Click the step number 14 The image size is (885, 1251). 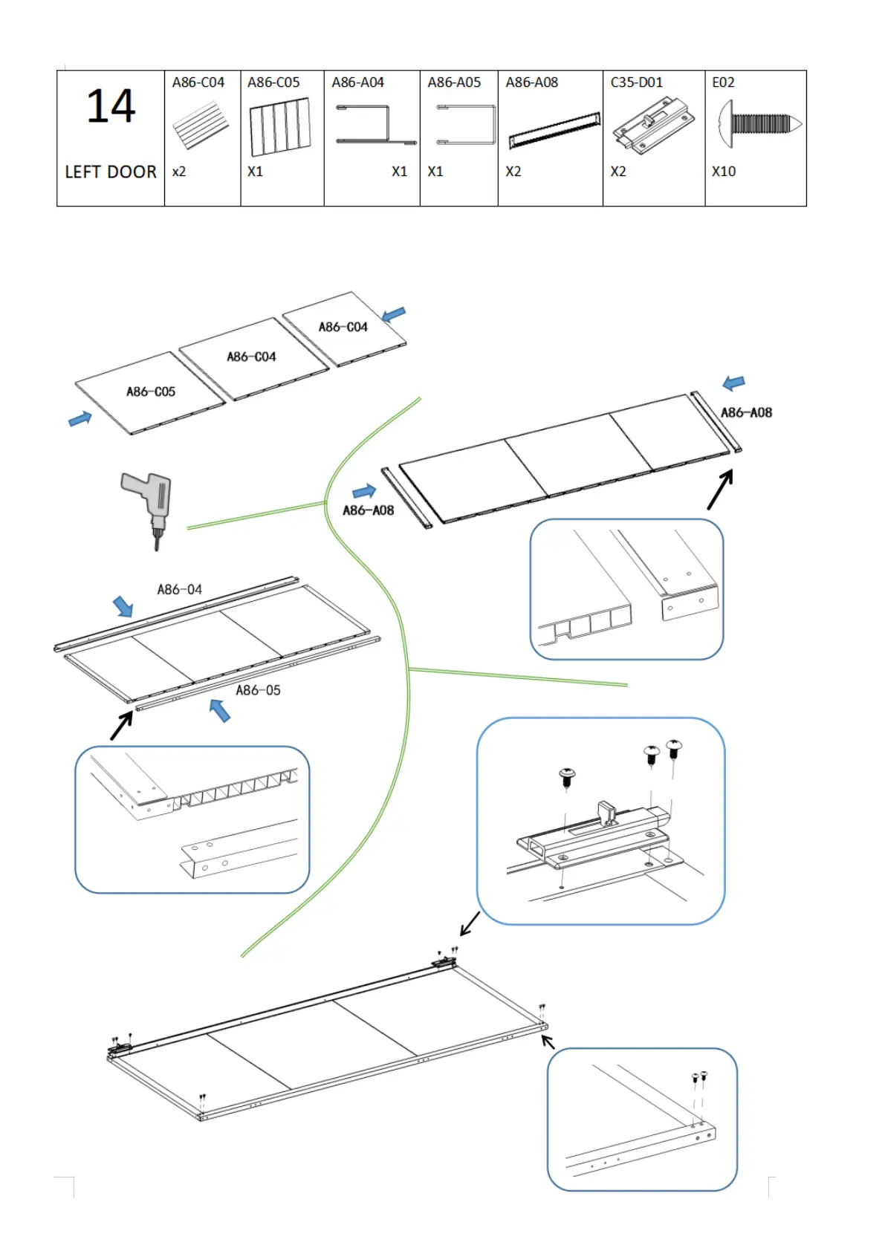coord(111,106)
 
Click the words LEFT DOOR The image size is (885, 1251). coord(111,172)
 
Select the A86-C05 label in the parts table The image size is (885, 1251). coord(273,82)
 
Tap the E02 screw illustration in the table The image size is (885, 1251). coord(759,123)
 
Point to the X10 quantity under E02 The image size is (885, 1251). coord(723,172)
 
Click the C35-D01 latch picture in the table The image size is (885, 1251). coord(652,124)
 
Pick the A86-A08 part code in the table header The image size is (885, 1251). coord(531,82)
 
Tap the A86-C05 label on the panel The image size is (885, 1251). coord(151,391)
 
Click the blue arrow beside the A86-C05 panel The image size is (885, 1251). coord(80,419)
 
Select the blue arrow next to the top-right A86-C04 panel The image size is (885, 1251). coord(394,314)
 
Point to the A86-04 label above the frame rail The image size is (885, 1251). coord(179,590)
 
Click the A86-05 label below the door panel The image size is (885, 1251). coord(258,690)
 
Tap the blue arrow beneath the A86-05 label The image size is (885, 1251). coord(219,710)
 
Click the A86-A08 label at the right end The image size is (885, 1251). coord(746,412)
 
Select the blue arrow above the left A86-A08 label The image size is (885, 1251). coord(364,491)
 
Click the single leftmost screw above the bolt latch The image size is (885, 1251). coord(567,776)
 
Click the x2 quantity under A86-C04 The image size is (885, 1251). coord(179,172)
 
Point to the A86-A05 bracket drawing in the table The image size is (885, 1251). coord(466,125)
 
